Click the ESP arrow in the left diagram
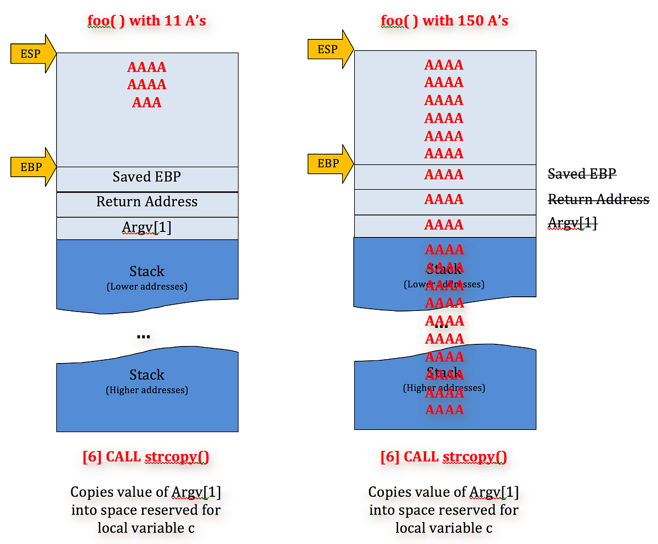(x=32, y=53)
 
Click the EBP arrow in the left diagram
(x=32, y=167)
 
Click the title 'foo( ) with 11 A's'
(x=147, y=21)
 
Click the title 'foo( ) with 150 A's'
(x=444, y=21)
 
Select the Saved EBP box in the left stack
(x=147, y=177)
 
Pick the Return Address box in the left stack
(x=147, y=202)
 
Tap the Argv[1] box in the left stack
(x=147, y=228)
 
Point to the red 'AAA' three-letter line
(x=147, y=103)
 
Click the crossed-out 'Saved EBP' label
(x=582, y=174)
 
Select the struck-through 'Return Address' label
(x=598, y=199)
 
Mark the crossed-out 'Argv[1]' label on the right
(x=572, y=223)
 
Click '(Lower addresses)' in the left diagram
(x=147, y=286)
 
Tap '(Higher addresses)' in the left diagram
(x=147, y=390)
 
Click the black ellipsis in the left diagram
(x=143, y=336)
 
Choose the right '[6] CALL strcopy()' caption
(x=444, y=457)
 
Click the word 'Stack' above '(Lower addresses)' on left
(x=147, y=271)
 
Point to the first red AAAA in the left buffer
(x=147, y=67)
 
